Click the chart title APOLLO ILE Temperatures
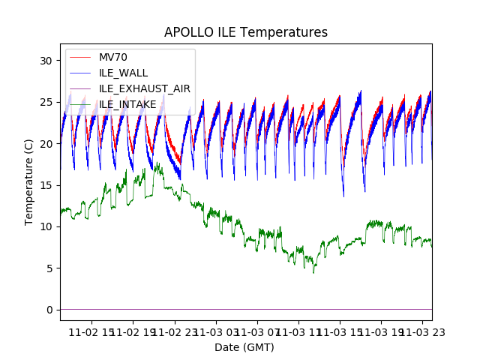click(x=246, y=32)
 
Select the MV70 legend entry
click(x=113, y=57)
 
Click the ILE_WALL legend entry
click(x=123, y=73)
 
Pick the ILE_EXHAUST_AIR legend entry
click(x=145, y=88)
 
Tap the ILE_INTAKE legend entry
click(x=127, y=104)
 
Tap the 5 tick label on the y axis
click(x=50, y=268)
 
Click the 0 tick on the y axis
click(x=50, y=310)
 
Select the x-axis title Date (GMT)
click(x=244, y=347)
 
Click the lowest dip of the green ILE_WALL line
click(x=313, y=272)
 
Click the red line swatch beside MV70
click(x=79, y=57)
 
